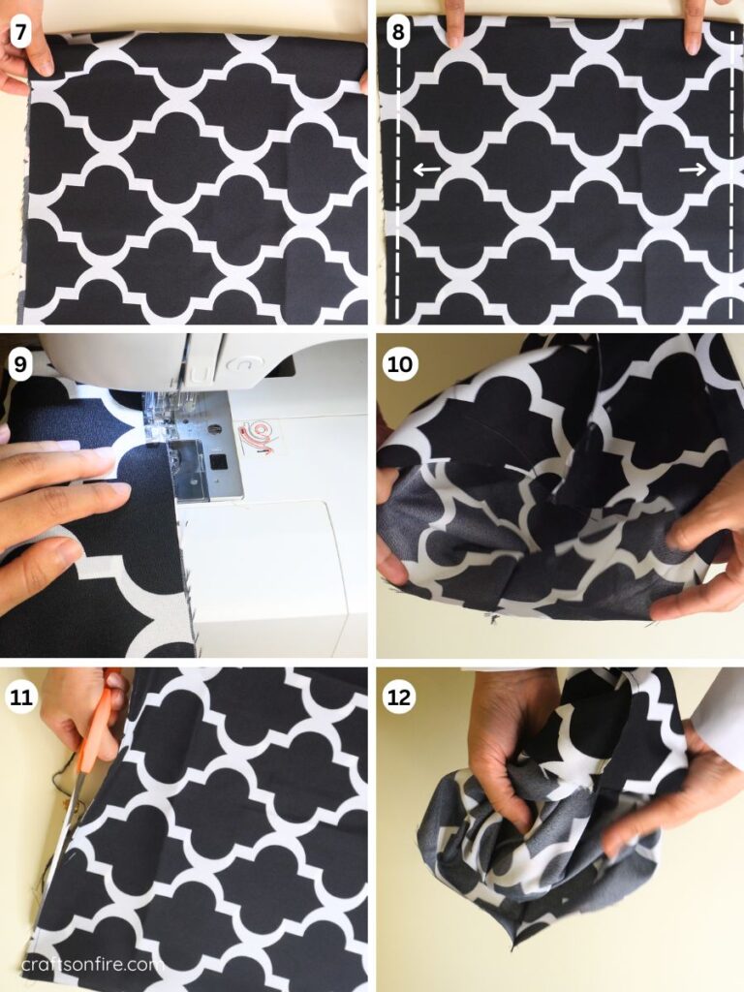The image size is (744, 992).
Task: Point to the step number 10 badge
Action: [400, 362]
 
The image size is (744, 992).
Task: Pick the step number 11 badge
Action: [18, 695]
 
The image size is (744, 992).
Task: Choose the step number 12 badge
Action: [400, 695]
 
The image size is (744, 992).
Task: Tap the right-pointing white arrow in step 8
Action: [692, 170]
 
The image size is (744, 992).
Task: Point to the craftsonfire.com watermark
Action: [88, 964]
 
